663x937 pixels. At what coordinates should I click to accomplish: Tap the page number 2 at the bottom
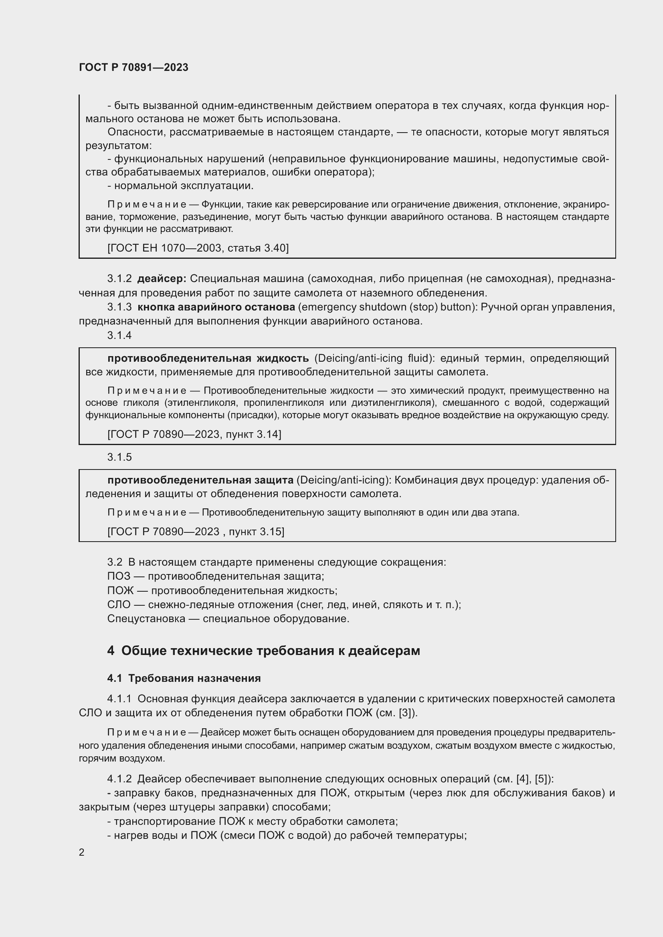(82, 852)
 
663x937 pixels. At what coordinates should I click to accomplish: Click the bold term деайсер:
(162, 279)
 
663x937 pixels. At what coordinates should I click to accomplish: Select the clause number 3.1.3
(119, 307)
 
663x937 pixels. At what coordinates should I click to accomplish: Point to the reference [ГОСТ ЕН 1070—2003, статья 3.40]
(198, 248)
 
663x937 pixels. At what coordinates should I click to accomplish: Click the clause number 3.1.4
(119, 335)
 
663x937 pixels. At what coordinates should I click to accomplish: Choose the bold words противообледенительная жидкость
(208, 358)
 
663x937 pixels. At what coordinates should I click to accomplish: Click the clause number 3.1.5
(119, 457)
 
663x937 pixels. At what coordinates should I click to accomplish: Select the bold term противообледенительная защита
(200, 480)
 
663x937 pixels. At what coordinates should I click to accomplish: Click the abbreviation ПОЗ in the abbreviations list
(118, 576)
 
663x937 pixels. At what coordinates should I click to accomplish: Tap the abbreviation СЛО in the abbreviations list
(119, 605)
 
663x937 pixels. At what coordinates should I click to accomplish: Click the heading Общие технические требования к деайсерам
(270, 651)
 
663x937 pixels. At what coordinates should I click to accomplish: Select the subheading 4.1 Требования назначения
(184, 678)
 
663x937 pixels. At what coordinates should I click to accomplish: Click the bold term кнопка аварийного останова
(216, 307)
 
